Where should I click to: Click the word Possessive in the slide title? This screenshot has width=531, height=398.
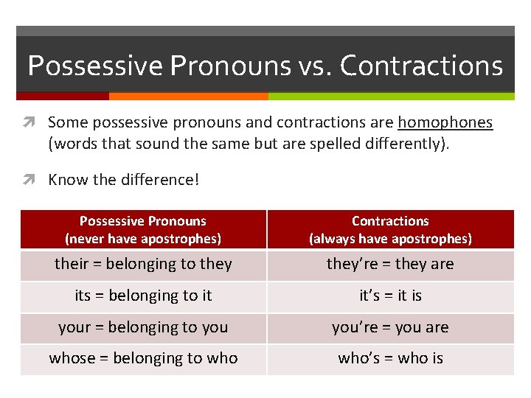(x=95, y=66)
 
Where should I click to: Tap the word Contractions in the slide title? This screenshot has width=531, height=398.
(x=421, y=66)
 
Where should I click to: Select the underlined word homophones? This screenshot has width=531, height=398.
(x=445, y=122)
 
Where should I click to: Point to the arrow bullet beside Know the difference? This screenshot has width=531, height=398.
(x=35, y=180)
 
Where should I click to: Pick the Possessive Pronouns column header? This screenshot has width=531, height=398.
(x=143, y=229)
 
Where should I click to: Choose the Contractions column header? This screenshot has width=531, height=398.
(x=390, y=229)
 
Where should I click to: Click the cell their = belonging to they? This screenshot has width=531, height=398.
(x=143, y=264)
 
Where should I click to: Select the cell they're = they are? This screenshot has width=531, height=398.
(x=390, y=264)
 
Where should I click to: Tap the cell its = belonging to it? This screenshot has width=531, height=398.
(x=143, y=296)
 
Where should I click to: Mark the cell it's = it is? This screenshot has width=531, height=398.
(x=390, y=296)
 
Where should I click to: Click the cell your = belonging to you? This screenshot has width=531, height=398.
(x=143, y=327)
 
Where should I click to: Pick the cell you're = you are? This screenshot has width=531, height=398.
(x=390, y=327)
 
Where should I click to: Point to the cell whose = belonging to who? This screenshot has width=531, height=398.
(x=143, y=359)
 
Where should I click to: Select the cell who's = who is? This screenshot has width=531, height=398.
(x=390, y=359)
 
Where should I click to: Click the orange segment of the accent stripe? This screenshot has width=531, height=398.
(x=188, y=96)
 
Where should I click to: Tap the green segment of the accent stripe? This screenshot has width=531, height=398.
(x=391, y=96)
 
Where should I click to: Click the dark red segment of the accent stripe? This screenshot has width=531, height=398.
(x=63, y=96)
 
